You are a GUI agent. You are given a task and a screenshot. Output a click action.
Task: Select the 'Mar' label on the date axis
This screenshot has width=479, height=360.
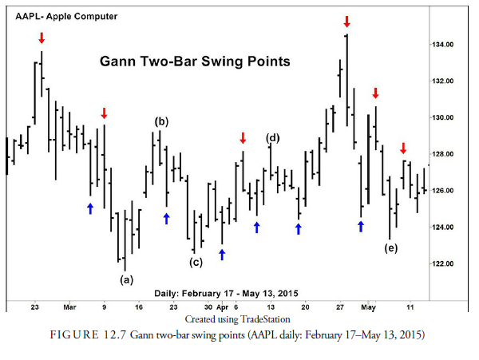coord(69,307)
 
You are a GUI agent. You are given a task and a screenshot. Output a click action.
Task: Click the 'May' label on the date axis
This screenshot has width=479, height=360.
coord(368,307)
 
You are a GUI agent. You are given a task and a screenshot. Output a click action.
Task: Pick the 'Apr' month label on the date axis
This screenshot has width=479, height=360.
coord(223,307)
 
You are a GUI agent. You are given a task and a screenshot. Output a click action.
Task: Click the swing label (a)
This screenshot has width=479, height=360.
coord(126,279)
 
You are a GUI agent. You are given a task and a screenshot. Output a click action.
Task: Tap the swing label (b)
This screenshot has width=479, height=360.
coord(161,121)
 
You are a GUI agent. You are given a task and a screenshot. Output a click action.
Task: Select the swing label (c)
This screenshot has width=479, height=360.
coord(196,262)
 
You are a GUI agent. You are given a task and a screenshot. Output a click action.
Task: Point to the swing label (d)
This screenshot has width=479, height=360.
coord(273,138)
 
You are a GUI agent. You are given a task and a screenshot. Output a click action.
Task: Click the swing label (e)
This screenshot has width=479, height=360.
coord(390,248)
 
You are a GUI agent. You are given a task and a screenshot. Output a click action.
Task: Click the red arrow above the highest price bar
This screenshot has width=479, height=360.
coord(346,21)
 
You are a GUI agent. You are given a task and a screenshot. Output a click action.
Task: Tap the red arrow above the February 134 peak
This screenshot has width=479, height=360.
coord(42,38)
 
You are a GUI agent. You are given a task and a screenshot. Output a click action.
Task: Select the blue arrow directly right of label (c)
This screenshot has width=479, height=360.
coord(222,254)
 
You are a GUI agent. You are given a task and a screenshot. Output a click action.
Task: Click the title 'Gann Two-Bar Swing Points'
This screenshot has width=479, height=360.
coord(194,61)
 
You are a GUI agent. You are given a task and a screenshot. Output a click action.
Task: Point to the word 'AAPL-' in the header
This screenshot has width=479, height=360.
coord(30,16)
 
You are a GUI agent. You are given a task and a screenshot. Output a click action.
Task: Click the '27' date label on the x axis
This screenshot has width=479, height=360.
coord(340,307)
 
